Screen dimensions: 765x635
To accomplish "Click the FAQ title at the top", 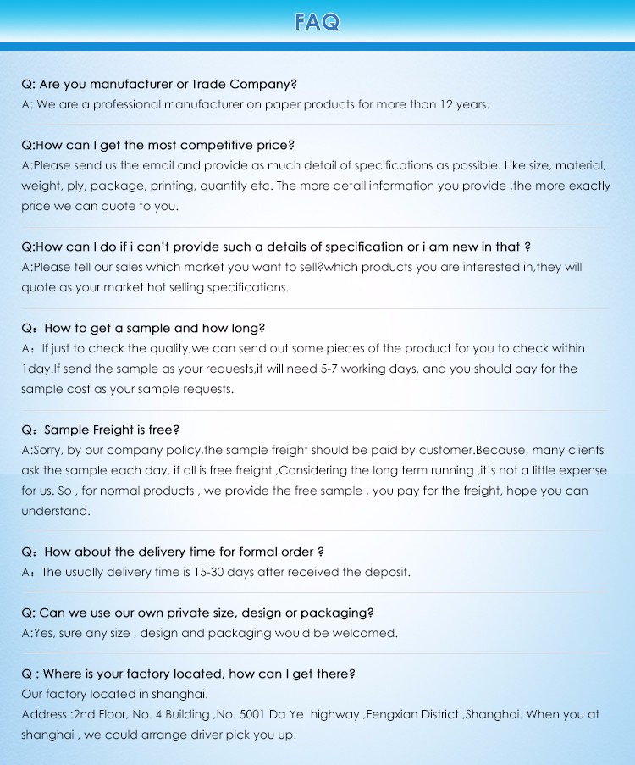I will tap(317, 21).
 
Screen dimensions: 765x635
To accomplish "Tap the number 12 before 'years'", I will tap(449, 105).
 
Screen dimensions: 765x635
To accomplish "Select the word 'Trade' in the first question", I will tap(208, 85).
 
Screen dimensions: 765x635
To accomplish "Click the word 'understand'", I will tap(54, 512).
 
